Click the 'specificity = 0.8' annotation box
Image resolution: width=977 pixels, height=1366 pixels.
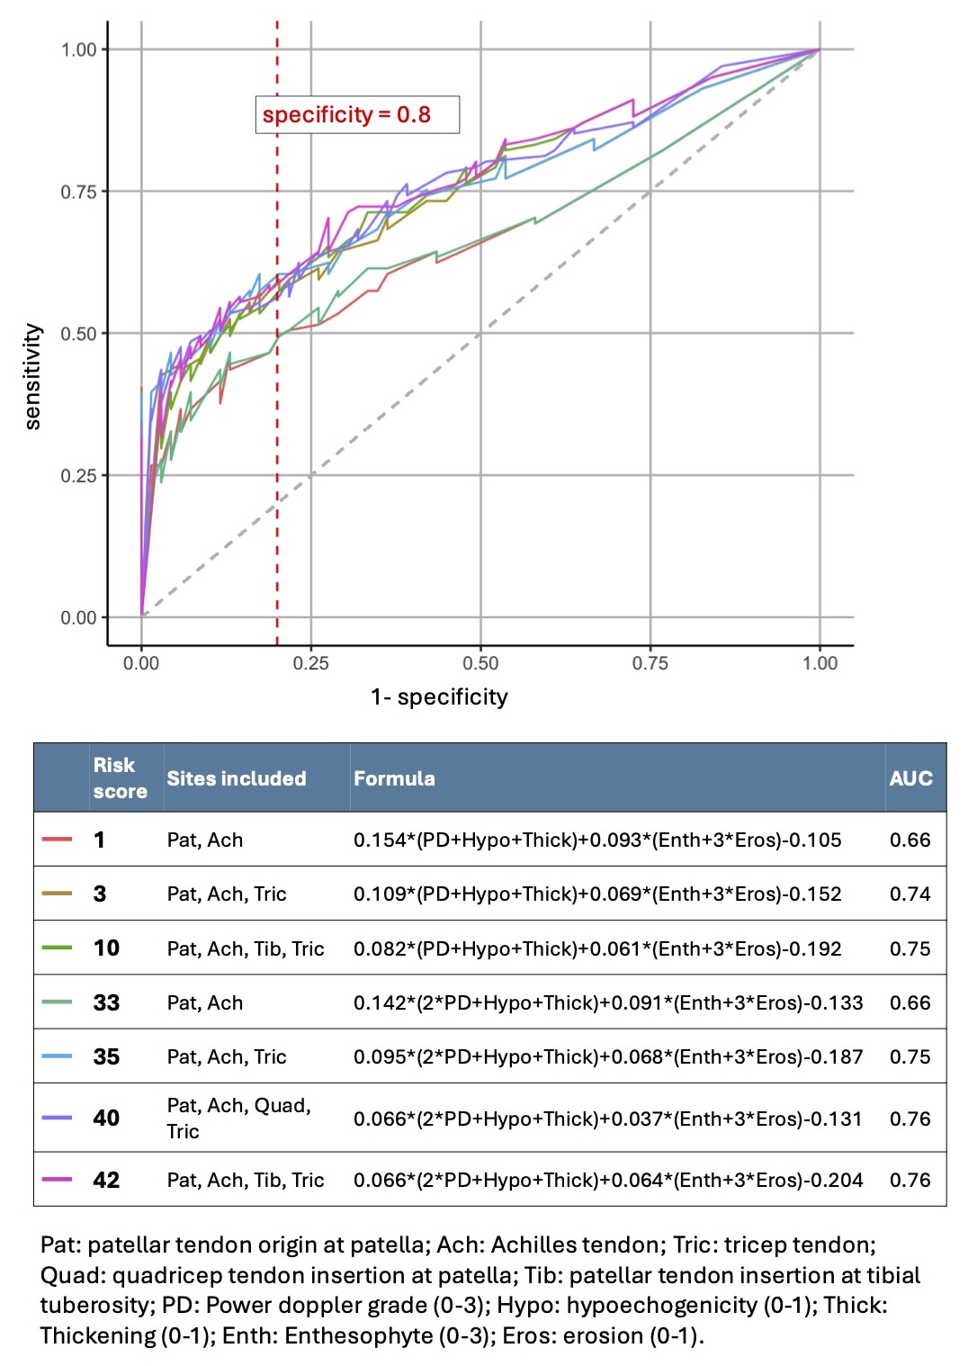(x=357, y=115)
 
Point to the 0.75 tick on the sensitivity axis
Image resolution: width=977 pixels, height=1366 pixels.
(x=78, y=192)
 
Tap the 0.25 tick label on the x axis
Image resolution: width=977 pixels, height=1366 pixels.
(x=311, y=663)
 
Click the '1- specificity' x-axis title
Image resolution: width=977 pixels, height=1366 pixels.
(x=439, y=697)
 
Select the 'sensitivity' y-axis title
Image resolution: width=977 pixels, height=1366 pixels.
(x=33, y=376)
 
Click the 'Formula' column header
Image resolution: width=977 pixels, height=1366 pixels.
(x=394, y=778)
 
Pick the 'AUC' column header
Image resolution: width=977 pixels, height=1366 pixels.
(x=910, y=778)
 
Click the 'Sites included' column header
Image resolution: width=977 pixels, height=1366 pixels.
(x=237, y=778)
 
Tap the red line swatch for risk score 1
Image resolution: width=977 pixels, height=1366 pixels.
(x=58, y=840)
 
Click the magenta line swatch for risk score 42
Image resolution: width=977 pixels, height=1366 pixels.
(x=58, y=1180)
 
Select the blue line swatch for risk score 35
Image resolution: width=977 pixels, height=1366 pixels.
(x=58, y=1056)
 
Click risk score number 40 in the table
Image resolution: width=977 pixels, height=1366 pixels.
(x=106, y=1118)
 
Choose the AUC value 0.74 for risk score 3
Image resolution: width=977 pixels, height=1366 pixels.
(x=910, y=894)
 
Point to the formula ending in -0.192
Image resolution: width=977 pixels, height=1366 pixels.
(x=597, y=948)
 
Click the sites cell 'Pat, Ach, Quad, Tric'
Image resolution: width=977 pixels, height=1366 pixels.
(x=238, y=1118)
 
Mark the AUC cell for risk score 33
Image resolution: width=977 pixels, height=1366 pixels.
(x=910, y=1002)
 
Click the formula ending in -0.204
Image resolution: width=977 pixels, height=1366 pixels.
(x=608, y=1180)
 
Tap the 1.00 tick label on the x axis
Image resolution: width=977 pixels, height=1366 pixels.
(x=820, y=663)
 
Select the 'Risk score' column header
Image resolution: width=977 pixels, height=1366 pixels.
(x=120, y=778)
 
